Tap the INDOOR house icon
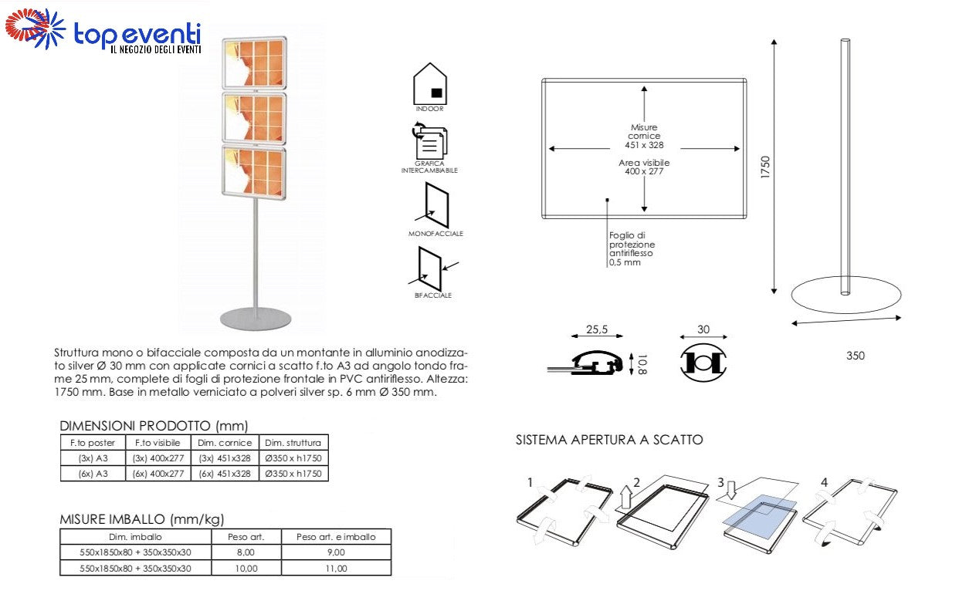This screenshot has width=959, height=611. coord(430,83)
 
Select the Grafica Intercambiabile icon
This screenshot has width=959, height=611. coord(429,143)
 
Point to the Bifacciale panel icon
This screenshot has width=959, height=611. coord(431,267)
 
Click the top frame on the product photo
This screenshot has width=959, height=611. coord(254,62)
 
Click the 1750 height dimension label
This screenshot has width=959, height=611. coord(765,167)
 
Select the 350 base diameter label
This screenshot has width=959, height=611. coord(855,356)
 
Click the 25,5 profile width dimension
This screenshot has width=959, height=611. coord(596,329)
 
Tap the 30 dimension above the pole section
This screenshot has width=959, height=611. coord(703,329)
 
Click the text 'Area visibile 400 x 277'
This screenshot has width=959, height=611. coord(644,167)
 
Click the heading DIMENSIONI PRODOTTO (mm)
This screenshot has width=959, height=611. coord(154,425)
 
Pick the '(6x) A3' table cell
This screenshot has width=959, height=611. coord(93,474)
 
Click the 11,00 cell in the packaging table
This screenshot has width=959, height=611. coord(336,568)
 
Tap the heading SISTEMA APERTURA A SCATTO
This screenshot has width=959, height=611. coord(609,441)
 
